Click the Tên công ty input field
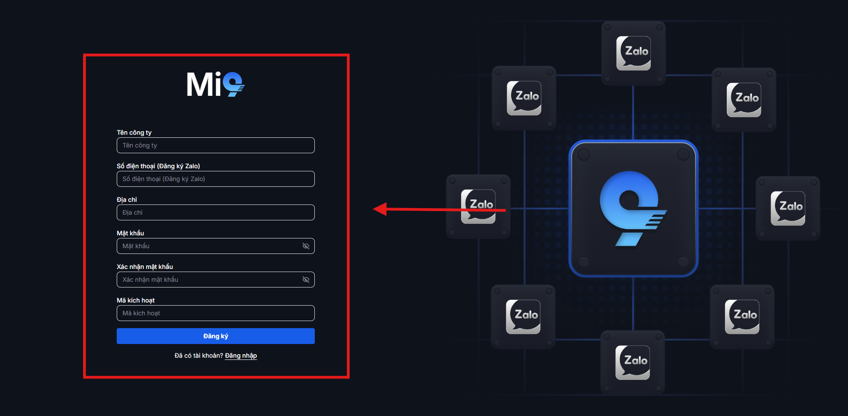215,145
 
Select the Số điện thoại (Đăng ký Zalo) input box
215,179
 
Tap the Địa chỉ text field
215,212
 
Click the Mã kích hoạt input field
215,313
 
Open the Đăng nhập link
241,355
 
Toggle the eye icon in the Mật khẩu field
306,246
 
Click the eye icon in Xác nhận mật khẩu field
306,280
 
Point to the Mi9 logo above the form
215,84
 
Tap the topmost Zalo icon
633,53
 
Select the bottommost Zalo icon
632,363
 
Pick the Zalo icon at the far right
788,208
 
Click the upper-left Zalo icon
524,98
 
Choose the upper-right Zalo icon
744,100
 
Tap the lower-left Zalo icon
523,317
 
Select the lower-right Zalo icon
742,317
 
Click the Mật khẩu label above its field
130,233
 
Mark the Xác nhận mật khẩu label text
145,267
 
